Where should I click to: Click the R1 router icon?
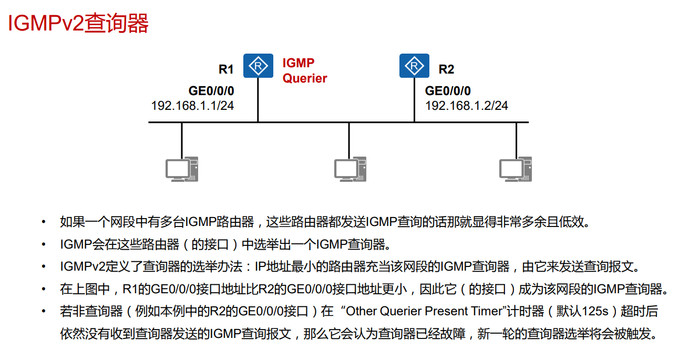pos(258,66)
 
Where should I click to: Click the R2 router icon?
pos(414,66)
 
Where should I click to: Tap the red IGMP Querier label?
pos(305,71)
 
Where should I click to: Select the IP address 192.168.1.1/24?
pos(192,106)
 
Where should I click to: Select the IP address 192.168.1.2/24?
pos(467,106)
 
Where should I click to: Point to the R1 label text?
pos(226,69)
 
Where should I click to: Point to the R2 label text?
pos(446,69)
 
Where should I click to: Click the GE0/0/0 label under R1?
pos(211,91)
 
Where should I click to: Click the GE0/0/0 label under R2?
pos(448,91)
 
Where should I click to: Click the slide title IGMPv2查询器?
pos(78,24)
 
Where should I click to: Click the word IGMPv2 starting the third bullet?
pos(80,266)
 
